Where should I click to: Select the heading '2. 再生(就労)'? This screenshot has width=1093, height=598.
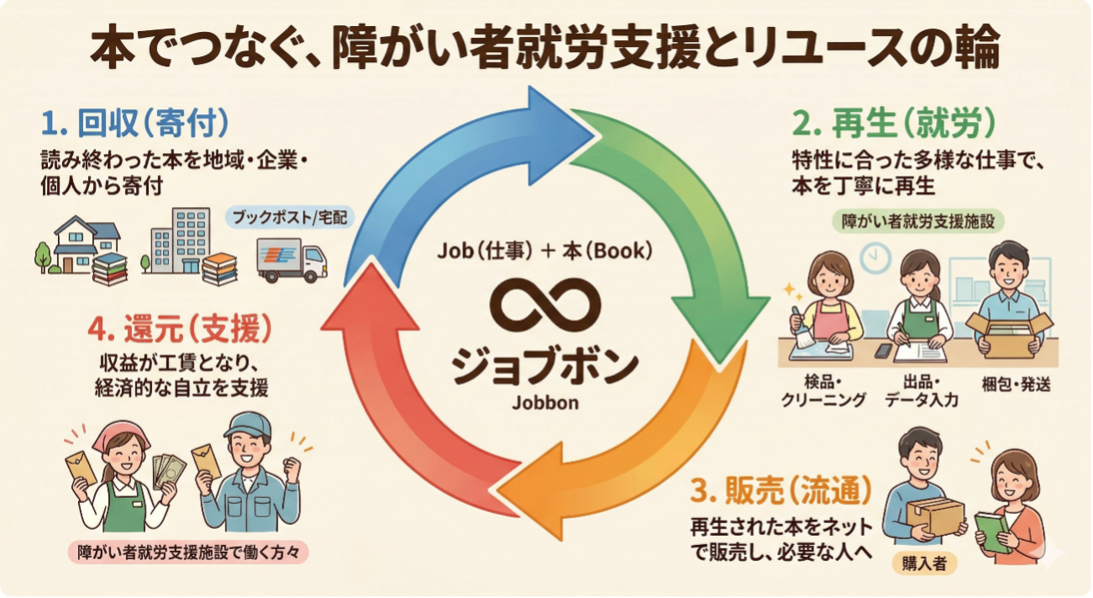click(896, 124)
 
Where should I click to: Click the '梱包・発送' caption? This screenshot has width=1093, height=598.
click(1017, 385)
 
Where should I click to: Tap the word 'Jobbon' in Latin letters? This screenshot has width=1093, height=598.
click(545, 402)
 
